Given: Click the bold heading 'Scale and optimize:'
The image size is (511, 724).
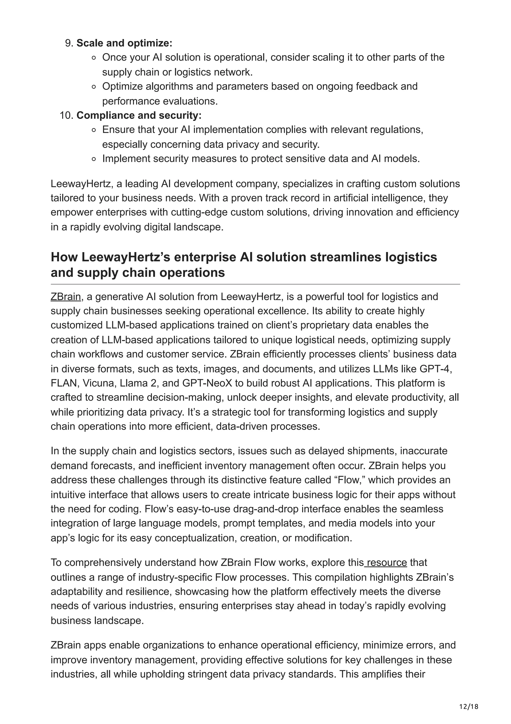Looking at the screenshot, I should click(x=124, y=43).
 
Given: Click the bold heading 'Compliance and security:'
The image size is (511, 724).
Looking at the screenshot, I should click(x=139, y=115).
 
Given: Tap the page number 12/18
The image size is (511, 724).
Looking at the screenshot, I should click(x=469, y=707).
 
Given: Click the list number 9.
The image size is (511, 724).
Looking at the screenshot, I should click(x=69, y=43).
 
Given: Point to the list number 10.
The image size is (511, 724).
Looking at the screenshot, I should click(x=66, y=115).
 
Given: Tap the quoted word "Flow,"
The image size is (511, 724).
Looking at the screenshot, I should click(x=349, y=480).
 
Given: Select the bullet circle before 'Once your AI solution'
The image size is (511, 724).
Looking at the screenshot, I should click(x=94, y=58).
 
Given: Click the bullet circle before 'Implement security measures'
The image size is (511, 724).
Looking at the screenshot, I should click(x=94, y=159).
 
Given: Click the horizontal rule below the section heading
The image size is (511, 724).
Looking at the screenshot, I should click(x=255, y=284).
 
